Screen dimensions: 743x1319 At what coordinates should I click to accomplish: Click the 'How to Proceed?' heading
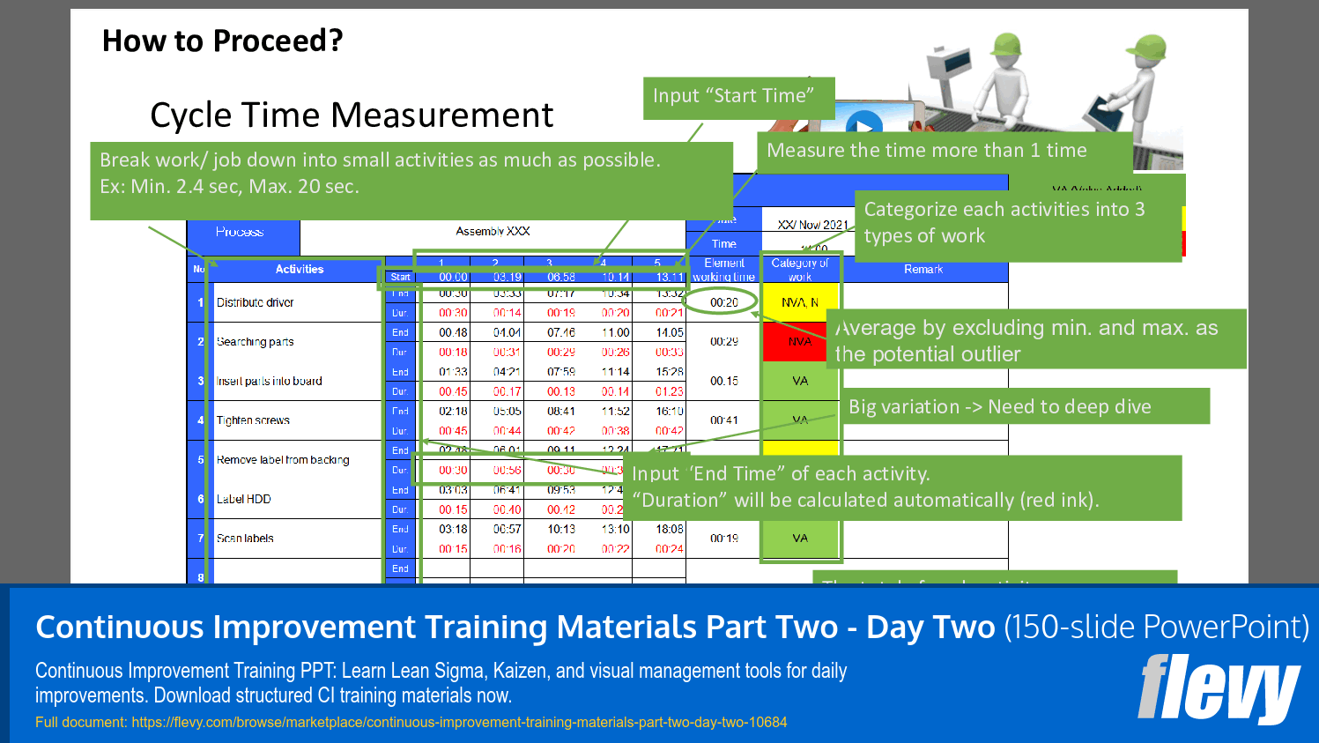point(222,41)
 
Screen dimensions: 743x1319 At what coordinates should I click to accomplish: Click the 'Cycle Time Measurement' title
point(352,115)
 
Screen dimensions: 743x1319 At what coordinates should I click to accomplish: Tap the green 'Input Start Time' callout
point(733,96)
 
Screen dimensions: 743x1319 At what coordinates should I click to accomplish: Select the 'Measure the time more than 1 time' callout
point(926,151)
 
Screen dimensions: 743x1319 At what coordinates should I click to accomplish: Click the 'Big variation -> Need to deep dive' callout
point(999,407)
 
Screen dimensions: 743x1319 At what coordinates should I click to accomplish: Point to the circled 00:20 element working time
point(723,302)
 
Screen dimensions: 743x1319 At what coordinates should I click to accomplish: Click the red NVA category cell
point(799,341)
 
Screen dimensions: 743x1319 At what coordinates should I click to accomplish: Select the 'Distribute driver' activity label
point(256,302)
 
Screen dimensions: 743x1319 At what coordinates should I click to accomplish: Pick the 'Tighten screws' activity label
point(253,420)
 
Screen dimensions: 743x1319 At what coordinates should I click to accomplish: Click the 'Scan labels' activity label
point(245,539)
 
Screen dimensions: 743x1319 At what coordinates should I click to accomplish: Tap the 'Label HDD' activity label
point(244,499)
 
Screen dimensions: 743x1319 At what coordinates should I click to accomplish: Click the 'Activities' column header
point(299,270)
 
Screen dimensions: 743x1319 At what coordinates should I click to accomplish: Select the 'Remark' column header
point(923,270)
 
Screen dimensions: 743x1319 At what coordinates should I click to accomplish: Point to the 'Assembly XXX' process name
point(493,232)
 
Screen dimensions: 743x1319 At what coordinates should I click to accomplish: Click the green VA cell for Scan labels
point(799,539)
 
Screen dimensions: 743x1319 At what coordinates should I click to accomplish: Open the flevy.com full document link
point(459,723)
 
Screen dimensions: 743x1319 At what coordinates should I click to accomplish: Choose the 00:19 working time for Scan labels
point(723,539)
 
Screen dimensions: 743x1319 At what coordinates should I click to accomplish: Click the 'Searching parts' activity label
point(256,342)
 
